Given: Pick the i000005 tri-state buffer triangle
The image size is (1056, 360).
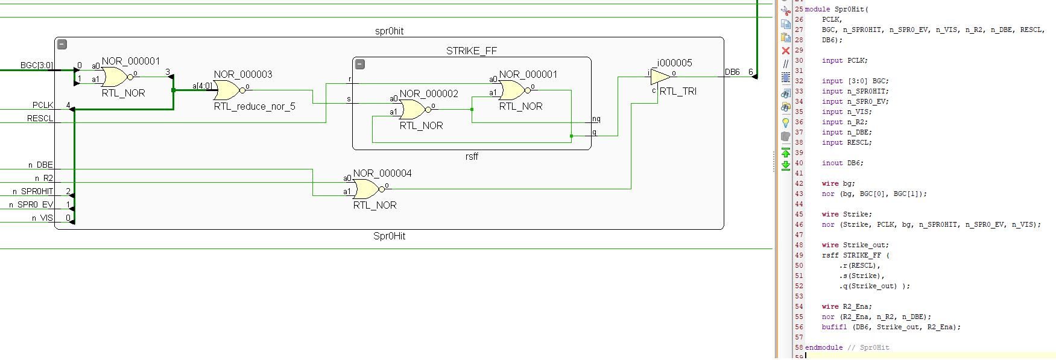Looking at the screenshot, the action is point(660,77).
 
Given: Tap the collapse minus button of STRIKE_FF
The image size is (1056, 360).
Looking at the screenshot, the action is point(360,64).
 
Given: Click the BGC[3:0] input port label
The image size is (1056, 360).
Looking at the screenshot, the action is point(37,65).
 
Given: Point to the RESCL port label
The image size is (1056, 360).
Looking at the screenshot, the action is point(40,118).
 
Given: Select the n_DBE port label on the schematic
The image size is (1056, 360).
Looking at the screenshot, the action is point(40,165).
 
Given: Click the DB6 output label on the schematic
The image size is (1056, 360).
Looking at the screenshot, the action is point(732,72).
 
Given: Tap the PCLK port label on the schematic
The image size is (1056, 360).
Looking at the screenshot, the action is point(43,105).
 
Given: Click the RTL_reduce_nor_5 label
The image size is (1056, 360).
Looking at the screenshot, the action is point(255,107).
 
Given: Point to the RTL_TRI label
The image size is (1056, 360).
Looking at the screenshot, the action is point(678,91).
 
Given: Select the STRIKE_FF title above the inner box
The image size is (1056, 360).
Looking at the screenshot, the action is point(472,51).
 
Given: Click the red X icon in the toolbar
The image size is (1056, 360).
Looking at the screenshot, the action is point(785,51).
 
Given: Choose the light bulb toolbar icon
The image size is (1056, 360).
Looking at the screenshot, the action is point(785,122).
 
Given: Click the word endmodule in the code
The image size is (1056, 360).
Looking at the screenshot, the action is point(824,347).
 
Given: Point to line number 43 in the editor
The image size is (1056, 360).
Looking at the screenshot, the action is point(798,194).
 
